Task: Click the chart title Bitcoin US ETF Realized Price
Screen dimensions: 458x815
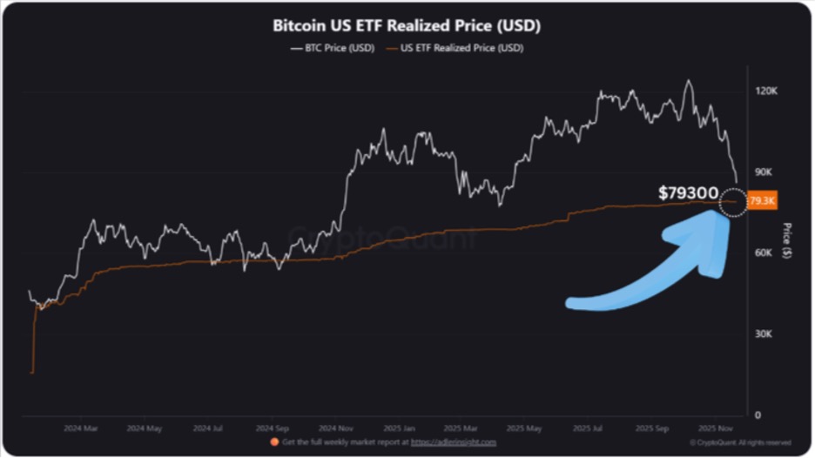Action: [407, 25]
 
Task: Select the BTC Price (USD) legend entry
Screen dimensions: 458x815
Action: [333, 48]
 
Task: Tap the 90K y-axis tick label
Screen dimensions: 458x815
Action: [763, 172]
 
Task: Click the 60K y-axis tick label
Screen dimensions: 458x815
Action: [763, 253]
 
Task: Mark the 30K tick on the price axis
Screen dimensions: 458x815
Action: [763, 333]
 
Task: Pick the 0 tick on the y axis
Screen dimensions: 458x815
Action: [758, 414]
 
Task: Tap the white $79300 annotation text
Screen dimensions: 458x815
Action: [688, 192]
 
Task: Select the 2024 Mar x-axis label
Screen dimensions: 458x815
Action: [81, 428]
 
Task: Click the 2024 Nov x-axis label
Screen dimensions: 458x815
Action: [335, 428]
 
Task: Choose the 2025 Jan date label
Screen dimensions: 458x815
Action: [400, 428]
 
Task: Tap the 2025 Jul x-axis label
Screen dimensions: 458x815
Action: [591, 428]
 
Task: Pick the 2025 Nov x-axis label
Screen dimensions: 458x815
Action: [718, 428]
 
